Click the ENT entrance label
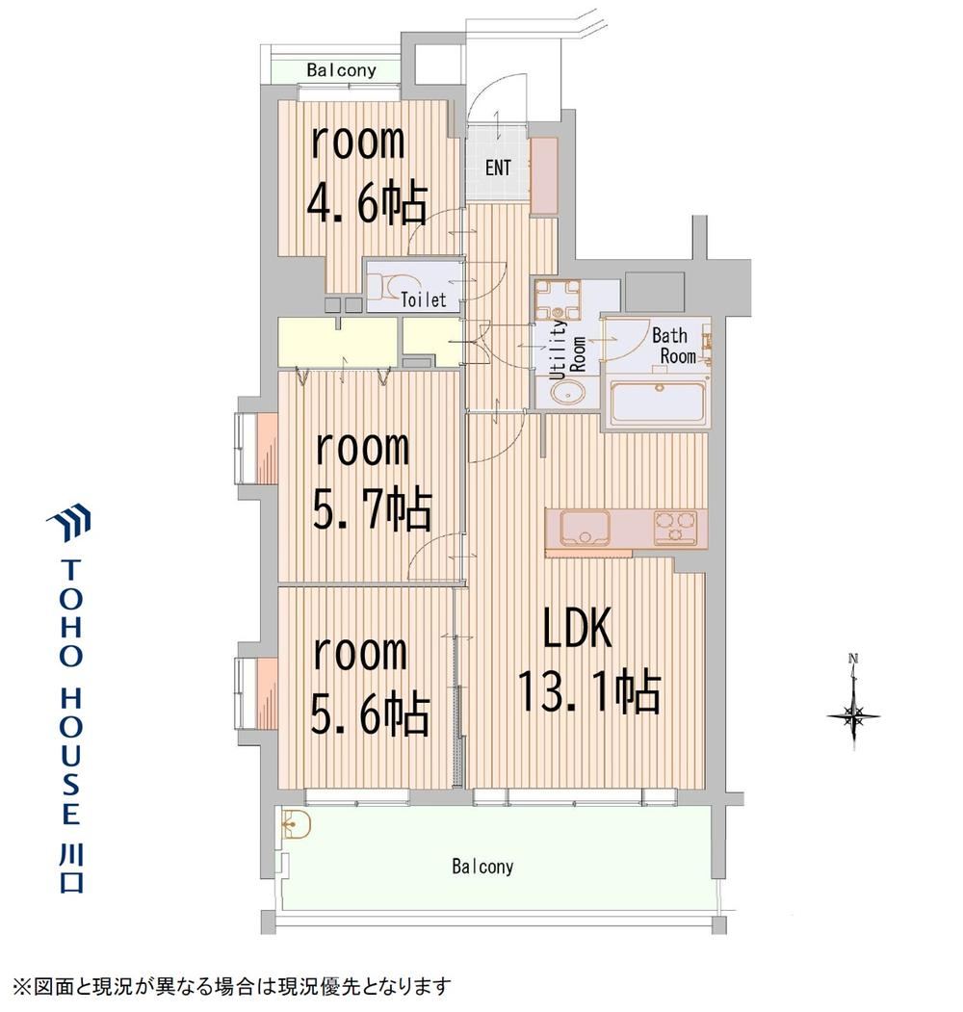pyautogui.click(x=498, y=168)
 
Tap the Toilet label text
pyautogui.click(x=424, y=299)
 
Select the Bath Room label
pyautogui.click(x=674, y=346)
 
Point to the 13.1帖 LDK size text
pyautogui.click(x=589, y=692)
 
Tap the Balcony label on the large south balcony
pyautogui.click(x=482, y=867)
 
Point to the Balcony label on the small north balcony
pyautogui.click(x=342, y=69)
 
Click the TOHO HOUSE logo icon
pyautogui.click(x=68, y=519)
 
